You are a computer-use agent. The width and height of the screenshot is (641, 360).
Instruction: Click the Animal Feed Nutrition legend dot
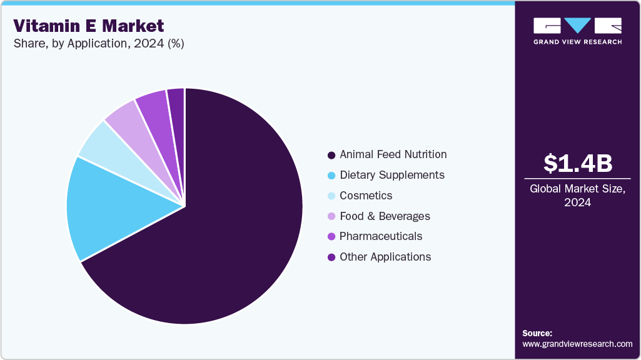tap(331, 155)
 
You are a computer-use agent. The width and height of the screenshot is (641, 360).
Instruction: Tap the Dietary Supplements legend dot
tap(331, 176)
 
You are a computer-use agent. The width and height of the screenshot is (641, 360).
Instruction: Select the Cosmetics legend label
tap(366, 196)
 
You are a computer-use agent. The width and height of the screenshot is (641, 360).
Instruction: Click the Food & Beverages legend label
tap(385, 216)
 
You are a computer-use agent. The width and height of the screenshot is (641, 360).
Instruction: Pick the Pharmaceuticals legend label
tap(381, 236)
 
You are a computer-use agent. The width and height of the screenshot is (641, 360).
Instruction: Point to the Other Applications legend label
tap(385, 257)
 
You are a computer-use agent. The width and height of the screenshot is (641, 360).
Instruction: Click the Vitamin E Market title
tap(89, 26)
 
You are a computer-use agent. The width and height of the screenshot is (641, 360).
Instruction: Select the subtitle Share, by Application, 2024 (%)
tap(99, 44)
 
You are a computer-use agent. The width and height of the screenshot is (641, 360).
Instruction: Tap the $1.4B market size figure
tap(577, 163)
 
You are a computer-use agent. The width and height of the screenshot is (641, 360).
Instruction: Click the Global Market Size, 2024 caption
tap(577, 195)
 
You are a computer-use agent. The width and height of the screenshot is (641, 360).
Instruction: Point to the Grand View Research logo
tap(577, 31)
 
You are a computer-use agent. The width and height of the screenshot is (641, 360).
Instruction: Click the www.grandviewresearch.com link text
tap(577, 344)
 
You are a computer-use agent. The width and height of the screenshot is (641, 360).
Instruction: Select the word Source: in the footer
tap(537, 334)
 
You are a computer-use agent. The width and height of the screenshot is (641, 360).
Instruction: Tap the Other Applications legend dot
tap(331, 257)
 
